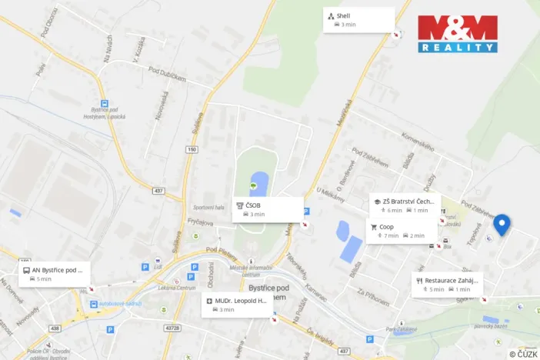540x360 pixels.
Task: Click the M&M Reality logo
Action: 458,34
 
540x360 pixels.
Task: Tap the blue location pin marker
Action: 502,224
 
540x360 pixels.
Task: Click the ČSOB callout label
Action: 268,209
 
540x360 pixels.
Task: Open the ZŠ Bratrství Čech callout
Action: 407,205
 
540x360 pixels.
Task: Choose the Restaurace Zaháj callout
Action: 448,285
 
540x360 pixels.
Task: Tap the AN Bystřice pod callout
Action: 55,274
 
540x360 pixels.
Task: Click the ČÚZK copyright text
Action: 523,354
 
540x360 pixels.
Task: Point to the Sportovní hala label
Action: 208,207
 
